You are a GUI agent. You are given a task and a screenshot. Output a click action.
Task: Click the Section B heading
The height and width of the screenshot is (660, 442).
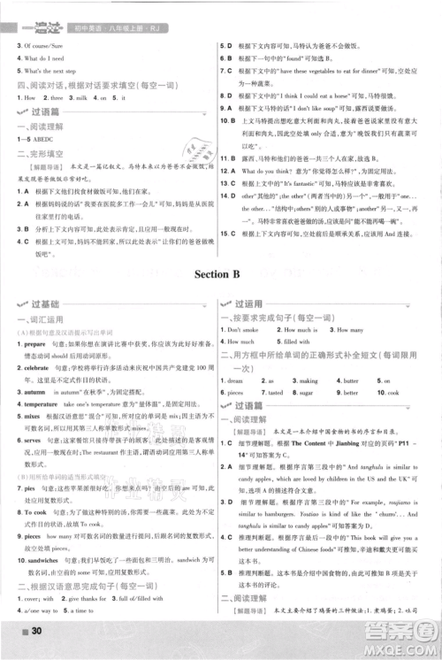[220, 274]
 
